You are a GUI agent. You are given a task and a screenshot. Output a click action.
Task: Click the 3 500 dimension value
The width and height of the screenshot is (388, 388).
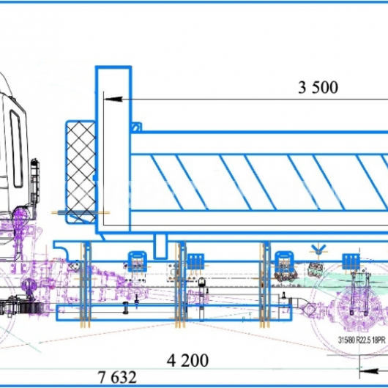coord(318,87)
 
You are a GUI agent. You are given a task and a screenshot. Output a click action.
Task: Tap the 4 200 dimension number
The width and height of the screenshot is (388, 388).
coord(187,360)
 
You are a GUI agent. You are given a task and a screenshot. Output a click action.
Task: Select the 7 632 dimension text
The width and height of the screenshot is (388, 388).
coord(117,377)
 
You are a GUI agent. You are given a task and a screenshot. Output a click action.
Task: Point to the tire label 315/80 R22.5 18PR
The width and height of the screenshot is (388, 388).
coord(362,340)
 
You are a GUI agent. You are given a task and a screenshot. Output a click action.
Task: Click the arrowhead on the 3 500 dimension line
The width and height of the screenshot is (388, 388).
coord(113,99)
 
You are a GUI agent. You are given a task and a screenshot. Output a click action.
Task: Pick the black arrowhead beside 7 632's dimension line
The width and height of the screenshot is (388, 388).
coord(370,371)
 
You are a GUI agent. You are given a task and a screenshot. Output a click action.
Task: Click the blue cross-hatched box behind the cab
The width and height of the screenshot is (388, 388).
coord(81,172)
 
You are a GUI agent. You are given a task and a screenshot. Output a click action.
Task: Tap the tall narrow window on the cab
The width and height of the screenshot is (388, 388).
coord(17,149)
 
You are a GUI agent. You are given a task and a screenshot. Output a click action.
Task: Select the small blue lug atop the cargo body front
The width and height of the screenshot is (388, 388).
coord(136,127)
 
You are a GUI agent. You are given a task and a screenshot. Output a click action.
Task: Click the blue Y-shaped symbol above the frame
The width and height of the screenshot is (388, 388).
coord(318,248)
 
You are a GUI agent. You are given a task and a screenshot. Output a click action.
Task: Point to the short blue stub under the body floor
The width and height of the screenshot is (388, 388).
coord(160,247)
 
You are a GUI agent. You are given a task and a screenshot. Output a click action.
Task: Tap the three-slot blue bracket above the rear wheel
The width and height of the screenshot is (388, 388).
coord(351,261)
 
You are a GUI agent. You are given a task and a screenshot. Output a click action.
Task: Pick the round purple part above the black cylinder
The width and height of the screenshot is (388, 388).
coord(28,286)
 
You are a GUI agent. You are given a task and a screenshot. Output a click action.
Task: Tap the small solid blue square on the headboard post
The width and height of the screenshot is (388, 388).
coord(94,178)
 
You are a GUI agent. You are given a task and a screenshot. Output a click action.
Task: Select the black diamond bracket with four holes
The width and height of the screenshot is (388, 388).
coord(74,266)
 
